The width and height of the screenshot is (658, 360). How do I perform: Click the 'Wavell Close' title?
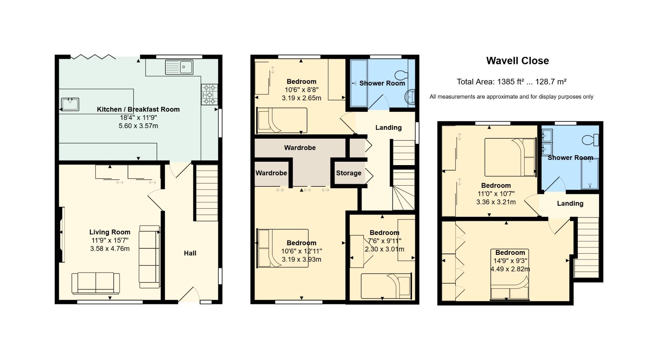(x=517, y=61)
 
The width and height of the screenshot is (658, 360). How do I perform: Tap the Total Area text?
(x=511, y=82)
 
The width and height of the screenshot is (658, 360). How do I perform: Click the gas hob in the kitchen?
(x=209, y=95)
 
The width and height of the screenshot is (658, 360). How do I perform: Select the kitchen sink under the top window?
(x=179, y=67)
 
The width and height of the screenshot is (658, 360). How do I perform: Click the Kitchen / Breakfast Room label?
(x=138, y=110)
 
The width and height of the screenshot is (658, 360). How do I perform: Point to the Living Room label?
(x=110, y=232)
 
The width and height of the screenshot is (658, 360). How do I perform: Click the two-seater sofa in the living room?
(x=96, y=283)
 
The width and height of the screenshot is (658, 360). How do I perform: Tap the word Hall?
(x=190, y=253)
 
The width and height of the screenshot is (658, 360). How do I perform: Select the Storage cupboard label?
(x=349, y=173)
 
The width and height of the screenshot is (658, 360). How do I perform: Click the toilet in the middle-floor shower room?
(x=401, y=74)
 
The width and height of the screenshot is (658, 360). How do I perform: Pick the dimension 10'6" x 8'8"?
(x=302, y=90)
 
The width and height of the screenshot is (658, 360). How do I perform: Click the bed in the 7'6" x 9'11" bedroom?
(x=386, y=286)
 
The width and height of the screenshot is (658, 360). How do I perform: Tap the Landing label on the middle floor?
(x=388, y=128)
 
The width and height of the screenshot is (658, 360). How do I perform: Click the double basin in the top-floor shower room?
(x=547, y=141)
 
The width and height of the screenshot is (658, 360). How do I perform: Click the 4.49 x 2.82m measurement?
(x=510, y=269)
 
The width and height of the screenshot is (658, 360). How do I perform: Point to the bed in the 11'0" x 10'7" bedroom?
(x=510, y=157)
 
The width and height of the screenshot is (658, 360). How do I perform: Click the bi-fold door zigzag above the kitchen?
(x=93, y=57)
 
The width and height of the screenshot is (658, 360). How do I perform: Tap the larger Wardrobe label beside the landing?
(x=300, y=148)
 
